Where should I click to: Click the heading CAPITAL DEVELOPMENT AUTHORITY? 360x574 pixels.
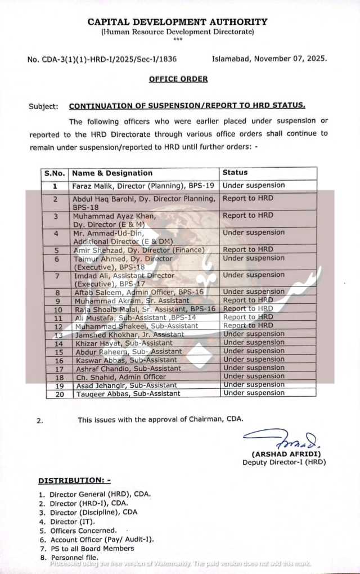tap(177, 22)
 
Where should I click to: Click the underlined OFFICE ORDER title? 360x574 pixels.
tap(178, 79)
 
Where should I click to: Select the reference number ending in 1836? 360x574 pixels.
tap(110, 59)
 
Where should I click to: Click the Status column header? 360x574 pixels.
tap(235, 173)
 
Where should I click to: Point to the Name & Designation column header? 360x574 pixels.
tap(112, 173)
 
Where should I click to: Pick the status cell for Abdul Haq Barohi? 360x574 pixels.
tap(248, 198)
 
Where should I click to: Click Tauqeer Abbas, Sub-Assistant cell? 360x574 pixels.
tap(127, 394)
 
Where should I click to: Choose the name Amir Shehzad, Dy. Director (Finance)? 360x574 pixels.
tap(138, 250)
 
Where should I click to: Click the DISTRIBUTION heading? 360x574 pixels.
tap(74, 481)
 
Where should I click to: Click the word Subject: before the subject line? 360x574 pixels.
tap(43, 106)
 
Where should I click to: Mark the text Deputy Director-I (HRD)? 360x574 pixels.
tap(284, 462)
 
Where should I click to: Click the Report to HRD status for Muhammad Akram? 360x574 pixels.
tap(248, 301)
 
